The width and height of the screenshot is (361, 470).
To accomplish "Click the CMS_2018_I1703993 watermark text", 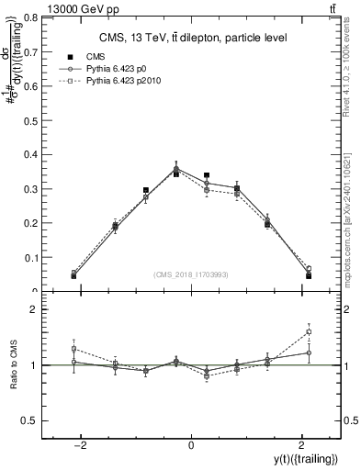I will click(x=191, y=274).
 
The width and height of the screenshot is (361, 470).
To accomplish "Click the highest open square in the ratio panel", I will click(x=309, y=331).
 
